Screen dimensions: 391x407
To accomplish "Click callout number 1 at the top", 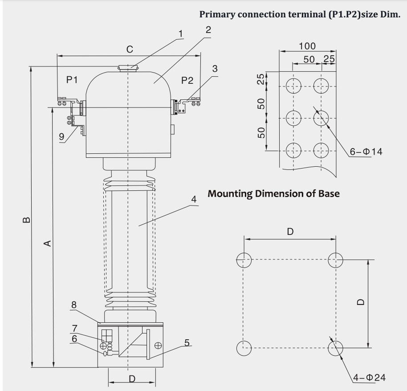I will tap(180, 34).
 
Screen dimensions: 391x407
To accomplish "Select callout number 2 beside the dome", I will tap(208, 30).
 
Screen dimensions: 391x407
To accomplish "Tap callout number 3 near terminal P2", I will tap(215, 69).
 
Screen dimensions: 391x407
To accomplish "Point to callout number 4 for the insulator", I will tap(193, 199).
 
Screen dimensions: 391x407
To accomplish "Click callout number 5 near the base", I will tap(187, 342).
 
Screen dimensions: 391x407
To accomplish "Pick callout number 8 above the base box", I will tap(74, 305).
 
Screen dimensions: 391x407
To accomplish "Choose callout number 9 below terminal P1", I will tap(61, 136).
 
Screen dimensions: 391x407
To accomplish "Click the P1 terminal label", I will tap(72, 80).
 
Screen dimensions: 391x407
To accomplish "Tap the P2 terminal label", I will tap(187, 80).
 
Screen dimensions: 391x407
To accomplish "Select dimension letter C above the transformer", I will tap(129, 49).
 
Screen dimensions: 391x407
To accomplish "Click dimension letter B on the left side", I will tap(26, 219).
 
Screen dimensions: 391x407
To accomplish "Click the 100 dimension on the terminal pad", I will tap(307, 46).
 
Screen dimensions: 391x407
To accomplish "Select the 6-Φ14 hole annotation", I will tap(366, 152).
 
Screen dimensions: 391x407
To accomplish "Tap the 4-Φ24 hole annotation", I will tap(369, 378).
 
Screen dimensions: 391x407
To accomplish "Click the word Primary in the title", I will tap(218, 14).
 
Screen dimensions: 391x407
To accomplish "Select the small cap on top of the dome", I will tap(128, 68).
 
